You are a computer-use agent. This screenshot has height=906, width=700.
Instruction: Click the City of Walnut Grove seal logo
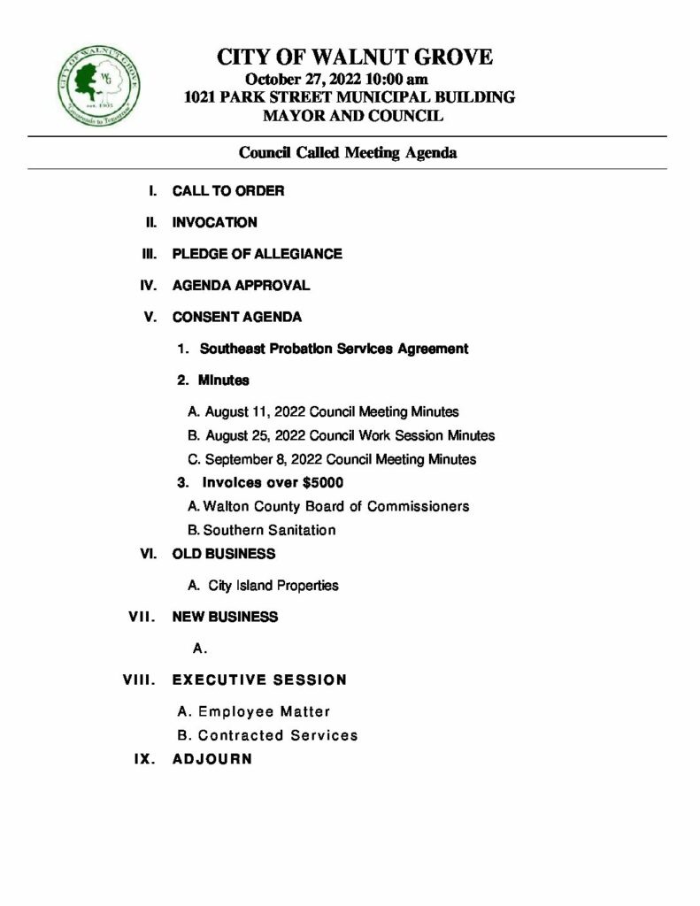pos(98,84)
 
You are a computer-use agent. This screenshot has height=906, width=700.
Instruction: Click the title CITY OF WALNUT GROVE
pos(355,58)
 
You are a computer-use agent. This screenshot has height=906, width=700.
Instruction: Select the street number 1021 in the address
pos(201,97)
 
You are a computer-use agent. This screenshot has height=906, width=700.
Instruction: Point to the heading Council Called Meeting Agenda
pos(348,152)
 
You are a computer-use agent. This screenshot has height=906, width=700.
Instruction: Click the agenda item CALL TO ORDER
pos(227,191)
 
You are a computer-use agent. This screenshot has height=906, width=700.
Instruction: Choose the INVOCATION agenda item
pos(214,223)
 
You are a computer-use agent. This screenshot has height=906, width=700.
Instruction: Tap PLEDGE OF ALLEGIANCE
pos(257,255)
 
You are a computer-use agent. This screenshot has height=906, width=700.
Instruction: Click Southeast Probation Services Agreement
pos(334,349)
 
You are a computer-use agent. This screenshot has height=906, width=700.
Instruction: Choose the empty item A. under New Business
pos(200,649)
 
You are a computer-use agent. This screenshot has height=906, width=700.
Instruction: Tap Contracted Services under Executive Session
pos(278,735)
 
